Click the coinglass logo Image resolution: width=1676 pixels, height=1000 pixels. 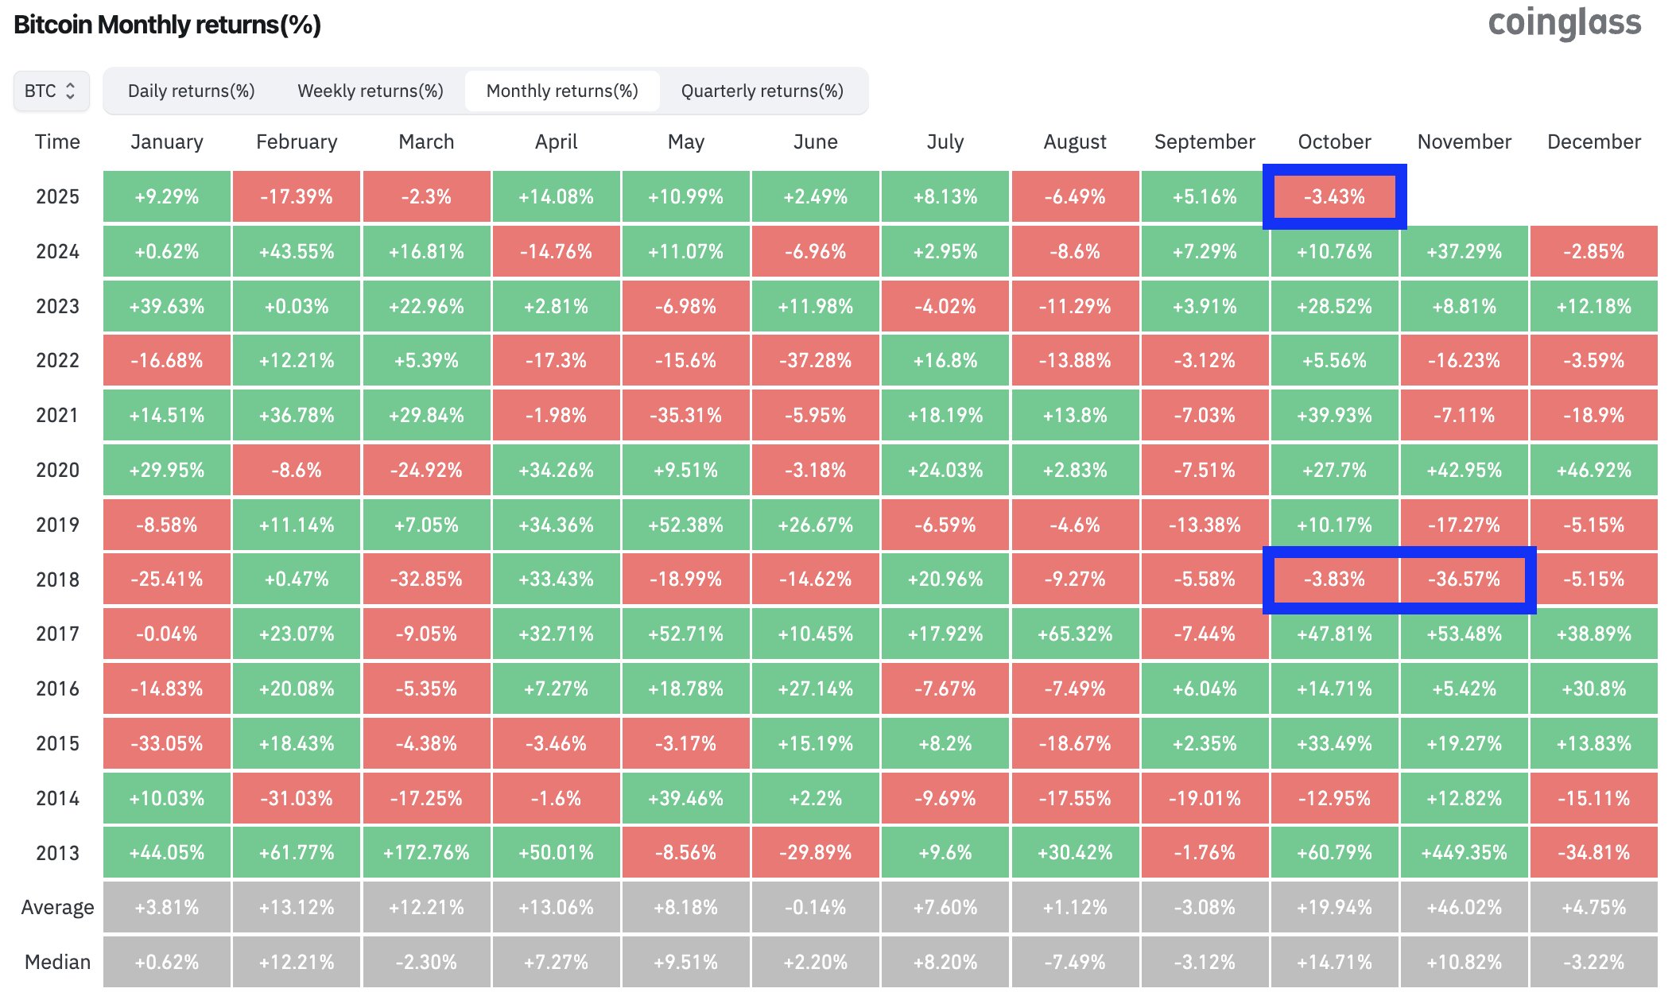[x=1564, y=24]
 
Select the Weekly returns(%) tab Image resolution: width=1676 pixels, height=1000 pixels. [x=370, y=91]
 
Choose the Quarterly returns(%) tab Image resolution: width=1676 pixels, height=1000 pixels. [x=762, y=91]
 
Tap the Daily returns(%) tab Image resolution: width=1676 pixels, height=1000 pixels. [x=191, y=91]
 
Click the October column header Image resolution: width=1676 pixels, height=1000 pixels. [x=1334, y=141]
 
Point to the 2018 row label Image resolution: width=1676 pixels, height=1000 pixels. [x=57, y=579]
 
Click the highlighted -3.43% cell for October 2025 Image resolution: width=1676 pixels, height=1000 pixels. [x=1334, y=196]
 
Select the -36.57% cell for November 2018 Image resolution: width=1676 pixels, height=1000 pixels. [x=1464, y=579]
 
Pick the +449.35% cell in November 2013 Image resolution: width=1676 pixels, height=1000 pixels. [x=1464, y=853]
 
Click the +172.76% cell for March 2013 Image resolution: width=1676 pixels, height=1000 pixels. [x=426, y=853]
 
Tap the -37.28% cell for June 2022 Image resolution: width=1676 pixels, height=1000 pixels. [x=815, y=361]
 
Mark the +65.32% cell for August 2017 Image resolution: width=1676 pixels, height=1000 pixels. [x=1075, y=634]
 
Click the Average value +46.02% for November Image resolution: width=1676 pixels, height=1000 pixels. [x=1464, y=908]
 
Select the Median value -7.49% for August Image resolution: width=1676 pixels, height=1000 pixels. [x=1075, y=963]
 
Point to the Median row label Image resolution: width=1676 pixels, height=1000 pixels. [x=57, y=963]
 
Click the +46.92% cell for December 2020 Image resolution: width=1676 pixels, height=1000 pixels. [x=1593, y=471]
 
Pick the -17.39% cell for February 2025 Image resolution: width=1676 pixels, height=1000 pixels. [x=297, y=196]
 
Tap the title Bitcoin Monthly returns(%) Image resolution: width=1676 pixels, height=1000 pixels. [x=167, y=25]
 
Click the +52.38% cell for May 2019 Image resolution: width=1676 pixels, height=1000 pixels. [x=685, y=525]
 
